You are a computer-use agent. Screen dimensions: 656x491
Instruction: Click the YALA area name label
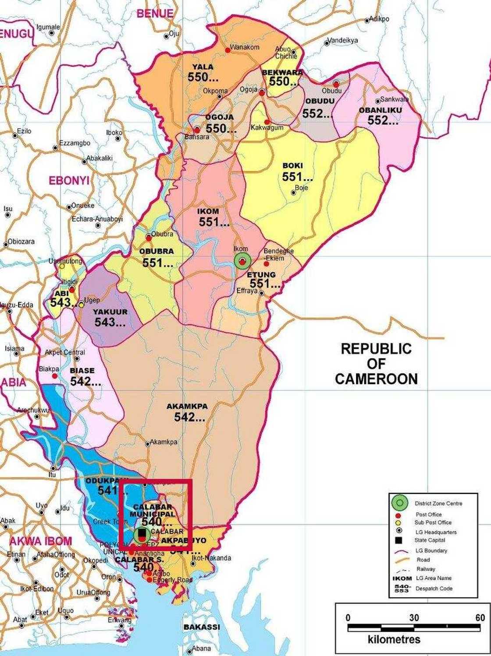(x=203, y=67)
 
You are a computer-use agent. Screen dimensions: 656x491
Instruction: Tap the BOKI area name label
(x=292, y=166)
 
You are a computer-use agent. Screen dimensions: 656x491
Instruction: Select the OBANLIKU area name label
(x=380, y=110)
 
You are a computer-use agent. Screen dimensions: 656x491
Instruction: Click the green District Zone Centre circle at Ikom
(x=242, y=261)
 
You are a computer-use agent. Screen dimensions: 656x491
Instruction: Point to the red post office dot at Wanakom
(x=228, y=50)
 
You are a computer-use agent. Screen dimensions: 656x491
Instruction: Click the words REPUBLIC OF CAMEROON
(x=376, y=364)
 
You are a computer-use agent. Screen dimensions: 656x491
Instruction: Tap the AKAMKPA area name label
(x=187, y=406)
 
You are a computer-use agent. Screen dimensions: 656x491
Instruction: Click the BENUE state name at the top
(x=155, y=14)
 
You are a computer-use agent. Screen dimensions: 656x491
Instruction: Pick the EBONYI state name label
(x=69, y=181)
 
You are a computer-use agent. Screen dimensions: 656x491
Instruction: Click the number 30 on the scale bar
(x=414, y=618)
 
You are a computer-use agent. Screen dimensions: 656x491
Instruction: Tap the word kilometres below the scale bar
(x=394, y=639)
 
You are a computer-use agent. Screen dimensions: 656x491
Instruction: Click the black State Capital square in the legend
(x=398, y=540)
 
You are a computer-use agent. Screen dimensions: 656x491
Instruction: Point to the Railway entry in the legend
(x=425, y=569)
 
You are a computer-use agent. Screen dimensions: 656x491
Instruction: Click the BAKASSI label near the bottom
(x=202, y=627)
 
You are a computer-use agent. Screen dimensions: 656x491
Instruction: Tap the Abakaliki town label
(x=100, y=158)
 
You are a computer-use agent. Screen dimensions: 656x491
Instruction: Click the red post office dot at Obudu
(x=336, y=84)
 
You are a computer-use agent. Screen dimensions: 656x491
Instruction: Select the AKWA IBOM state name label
(x=41, y=541)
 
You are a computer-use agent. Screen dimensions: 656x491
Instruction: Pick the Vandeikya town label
(x=343, y=40)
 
